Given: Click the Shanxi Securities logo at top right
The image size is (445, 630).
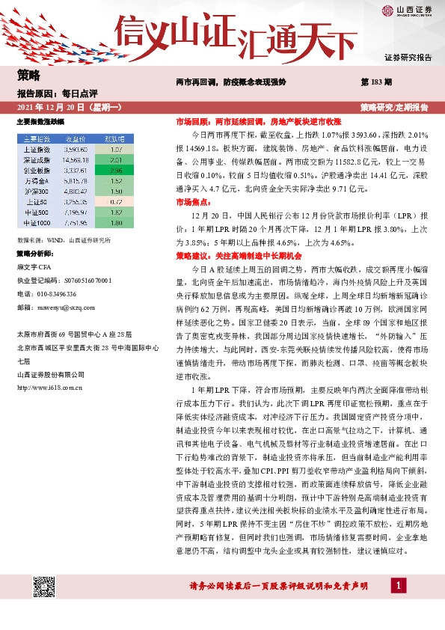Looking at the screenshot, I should [407, 10].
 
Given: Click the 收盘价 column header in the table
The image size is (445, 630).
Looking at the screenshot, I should [77, 138].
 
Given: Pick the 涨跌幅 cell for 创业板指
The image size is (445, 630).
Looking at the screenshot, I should [115, 171].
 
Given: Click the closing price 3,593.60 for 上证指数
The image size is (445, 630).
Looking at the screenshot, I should [77, 150].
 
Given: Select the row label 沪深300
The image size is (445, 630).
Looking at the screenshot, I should [36, 191].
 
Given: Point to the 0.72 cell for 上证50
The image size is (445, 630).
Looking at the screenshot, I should [115, 201].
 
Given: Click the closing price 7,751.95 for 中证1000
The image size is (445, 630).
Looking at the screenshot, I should [77, 222].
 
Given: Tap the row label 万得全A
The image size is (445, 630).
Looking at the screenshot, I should [36, 180].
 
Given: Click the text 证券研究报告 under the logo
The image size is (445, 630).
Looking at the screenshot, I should [408, 57].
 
